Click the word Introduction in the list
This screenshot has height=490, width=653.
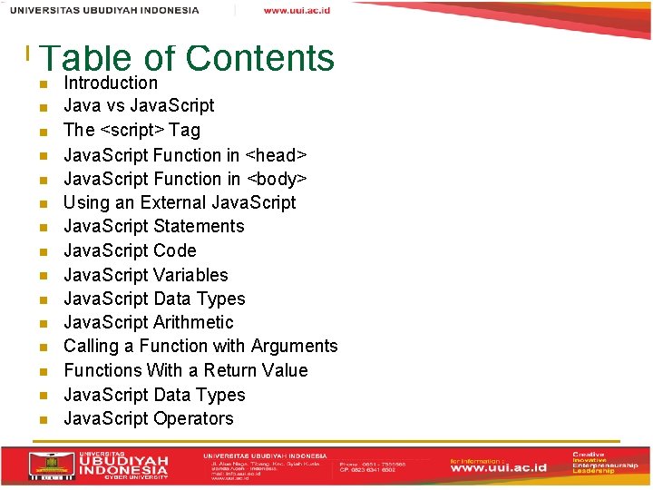click(110, 83)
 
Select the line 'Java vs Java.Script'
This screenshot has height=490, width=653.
click(139, 106)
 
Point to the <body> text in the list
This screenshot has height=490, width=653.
click(278, 179)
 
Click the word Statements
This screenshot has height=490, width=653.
click(199, 227)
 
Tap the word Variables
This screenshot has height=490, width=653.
click(190, 275)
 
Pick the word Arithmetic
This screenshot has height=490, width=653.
click(193, 323)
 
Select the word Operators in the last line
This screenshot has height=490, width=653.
click(193, 419)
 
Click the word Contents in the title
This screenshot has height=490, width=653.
click(259, 58)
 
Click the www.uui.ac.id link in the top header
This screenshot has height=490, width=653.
click(297, 10)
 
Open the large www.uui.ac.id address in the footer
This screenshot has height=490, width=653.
click(504, 468)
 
